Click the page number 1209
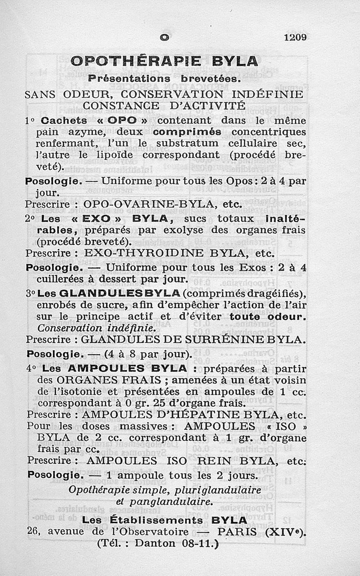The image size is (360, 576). coord(295,37)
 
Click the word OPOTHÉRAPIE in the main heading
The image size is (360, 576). coord(127,61)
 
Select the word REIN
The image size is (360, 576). coord(209,461)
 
